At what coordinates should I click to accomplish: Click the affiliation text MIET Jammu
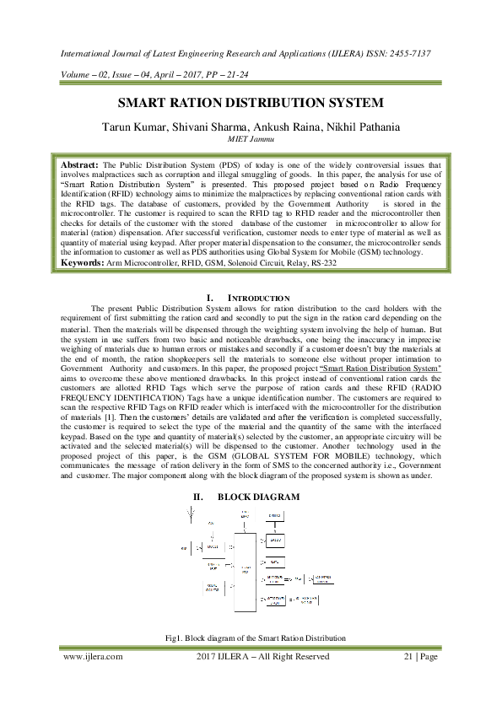[x=251, y=140]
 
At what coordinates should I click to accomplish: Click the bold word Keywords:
[x=81, y=263]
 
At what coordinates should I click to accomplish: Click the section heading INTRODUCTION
[x=259, y=299]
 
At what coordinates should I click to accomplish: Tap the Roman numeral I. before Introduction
[x=210, y=299]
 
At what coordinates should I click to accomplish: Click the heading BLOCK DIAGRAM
[x=258, y=498]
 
